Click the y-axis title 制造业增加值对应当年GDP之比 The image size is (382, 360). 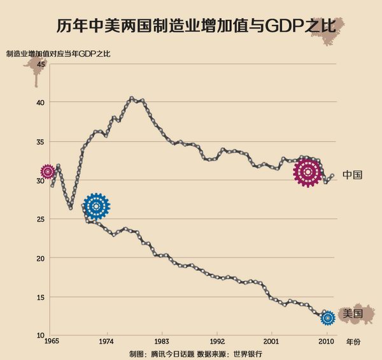tap(57, 54)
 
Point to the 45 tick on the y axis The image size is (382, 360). tap(40, 63)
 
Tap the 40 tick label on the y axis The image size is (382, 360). tap(40, 102)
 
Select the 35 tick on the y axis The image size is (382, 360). tap(40, 141)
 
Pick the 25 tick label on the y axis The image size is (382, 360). tap(40, 219)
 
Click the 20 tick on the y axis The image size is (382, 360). tap(40, 258)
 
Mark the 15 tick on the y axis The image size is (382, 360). tap(40, 297)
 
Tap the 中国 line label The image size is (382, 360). tap(352, 175)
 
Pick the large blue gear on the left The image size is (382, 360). tap(96, 206)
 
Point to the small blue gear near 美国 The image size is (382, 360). tap(328, 317)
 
